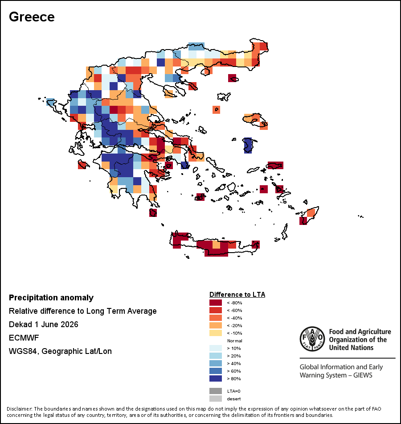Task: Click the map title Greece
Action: coord(32,17)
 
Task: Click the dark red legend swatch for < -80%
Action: coord(216,303)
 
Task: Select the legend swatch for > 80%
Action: coord(216,378)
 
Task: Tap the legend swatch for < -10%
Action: coord(216,333)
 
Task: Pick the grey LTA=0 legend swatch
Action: coord(216,391)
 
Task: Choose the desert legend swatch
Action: coord(216,399)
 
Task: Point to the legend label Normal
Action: coord(235,341)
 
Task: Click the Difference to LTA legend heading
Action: coord(237,295)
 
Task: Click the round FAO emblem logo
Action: coord(312,339)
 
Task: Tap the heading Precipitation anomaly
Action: coord(51,298)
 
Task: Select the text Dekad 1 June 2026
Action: coord(44,324)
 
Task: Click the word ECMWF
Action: coord(24,338)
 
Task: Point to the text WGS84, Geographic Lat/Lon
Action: coord(60,351)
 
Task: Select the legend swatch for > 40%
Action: coord(216,363)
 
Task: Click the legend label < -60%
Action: coord(234,311)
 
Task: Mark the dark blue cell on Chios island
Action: coord(248,145)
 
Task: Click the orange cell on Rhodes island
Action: coord(311,213)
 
